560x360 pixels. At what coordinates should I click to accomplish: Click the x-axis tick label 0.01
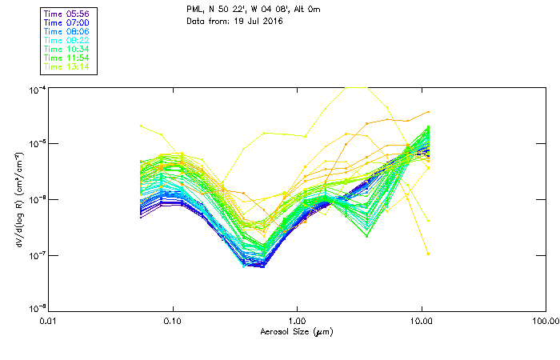(x=50, y=321)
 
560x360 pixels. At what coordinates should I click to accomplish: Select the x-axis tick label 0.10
(x=174, y=321)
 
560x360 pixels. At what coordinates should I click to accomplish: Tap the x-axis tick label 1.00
(x=298, y=321)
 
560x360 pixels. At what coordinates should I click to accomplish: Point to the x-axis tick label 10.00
(x=421, y=321)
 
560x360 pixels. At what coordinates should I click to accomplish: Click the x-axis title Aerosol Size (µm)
(x=297, y=331)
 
